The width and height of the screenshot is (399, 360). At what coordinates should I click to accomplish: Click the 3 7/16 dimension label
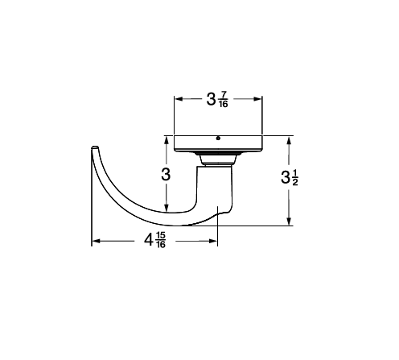(x=217, y=99)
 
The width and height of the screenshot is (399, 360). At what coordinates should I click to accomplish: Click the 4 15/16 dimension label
(x=155, y=240)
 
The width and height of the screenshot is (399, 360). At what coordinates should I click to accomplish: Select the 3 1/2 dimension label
(x=290, y=178)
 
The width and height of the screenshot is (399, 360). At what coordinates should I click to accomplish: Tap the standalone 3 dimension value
(x=166, y=175)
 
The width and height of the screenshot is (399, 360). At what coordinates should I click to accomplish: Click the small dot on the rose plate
(x=218, y=139)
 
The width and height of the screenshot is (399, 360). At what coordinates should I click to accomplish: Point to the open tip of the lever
(x=95, y=147)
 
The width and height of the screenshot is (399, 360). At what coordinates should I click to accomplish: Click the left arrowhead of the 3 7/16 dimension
(x=179, y=99)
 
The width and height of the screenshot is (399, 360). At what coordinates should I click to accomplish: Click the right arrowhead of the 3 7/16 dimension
(x=257, y=99)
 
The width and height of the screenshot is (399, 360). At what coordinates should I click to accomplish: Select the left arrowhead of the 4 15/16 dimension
(x=96, y=241)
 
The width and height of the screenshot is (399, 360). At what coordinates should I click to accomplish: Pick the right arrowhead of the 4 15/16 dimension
(x=212, y=241)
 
